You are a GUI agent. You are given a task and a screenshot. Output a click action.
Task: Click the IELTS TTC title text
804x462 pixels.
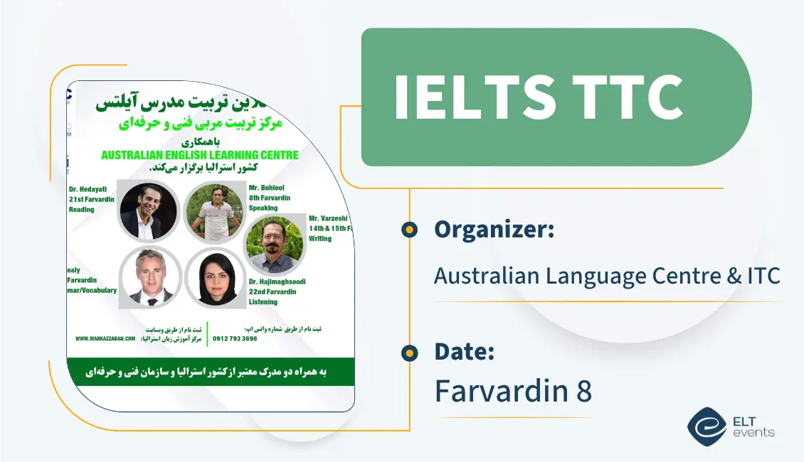538,97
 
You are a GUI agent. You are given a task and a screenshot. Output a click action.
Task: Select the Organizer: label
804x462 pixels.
494,230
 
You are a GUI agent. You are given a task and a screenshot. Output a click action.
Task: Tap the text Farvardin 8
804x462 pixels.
513,390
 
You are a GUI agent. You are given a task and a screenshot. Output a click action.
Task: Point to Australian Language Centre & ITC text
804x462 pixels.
607,275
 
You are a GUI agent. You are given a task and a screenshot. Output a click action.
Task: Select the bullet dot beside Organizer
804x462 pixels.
409,230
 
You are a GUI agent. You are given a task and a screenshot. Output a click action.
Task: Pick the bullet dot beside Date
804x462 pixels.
409,353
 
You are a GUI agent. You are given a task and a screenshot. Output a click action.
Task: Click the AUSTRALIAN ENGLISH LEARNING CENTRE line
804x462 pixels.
200,155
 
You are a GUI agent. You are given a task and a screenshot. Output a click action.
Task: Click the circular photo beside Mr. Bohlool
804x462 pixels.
213,212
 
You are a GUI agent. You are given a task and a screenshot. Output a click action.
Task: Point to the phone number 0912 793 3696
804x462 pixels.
235,339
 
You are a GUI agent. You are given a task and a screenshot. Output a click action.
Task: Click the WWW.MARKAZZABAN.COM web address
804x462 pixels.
105,339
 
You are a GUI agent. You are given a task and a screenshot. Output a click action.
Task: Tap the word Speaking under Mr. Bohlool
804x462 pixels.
264,208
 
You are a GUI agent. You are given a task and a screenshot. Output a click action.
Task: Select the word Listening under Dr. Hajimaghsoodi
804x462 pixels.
264,302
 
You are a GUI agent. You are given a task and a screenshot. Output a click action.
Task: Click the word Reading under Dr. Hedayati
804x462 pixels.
82,210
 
